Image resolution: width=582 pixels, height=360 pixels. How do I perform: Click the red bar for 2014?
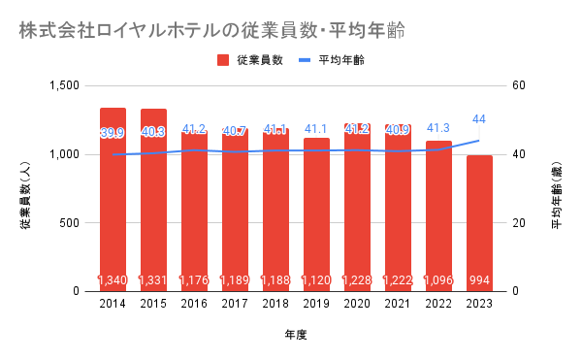pyautogui.click(x=113, y=200)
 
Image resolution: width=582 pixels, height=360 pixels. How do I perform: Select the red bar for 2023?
pyautogui.click(x=479, y=223)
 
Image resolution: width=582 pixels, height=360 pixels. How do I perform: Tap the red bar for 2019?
pyautogui.click(x=316, y=214)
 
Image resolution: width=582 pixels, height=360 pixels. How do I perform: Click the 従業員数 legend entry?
pyautogui.click(x=250, y=60)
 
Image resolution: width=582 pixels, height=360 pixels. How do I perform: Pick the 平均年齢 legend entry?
pyautogui.click(x=332, y=60)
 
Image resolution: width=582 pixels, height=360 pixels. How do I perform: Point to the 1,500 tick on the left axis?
pyautogui.click(x=65, y=85)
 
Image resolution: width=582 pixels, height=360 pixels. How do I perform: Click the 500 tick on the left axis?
pyautogui.click(x=70, y=223)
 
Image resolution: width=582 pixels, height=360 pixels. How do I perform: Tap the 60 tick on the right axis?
pyautogui.click(x=519, y=85)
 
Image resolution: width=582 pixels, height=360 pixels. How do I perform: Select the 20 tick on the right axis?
pyautogui.click(x=519, y=223)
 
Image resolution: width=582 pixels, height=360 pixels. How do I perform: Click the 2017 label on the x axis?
pyautogui.click(x=235, y=304)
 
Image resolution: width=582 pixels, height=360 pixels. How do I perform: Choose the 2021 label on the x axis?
pyautogui.click(x=398, y=304)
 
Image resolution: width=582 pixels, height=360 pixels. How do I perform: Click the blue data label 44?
pyautogui.click(x=479, y=119)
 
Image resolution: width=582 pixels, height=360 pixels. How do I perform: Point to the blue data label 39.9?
pyautogui.click(x=113, y=133)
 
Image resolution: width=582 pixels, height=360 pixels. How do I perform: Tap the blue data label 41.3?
pyautogui.click(x=438, y=128)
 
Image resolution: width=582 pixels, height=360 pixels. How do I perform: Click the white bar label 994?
pyautogui.click(x=479, y=279)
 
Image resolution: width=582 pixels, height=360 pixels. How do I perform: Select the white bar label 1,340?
pyautogui.click(x=113, y=279)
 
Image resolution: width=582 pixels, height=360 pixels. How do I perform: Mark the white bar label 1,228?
pyautogui.click(x=357, y=279)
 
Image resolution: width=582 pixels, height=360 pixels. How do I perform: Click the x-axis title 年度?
pyautogui.click(x=296, y=335)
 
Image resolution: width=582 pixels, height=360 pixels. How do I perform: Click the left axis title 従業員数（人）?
pyautogui.click(x=25, y=195)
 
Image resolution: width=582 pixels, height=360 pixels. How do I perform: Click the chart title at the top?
pyautogui.click(x=211, y=30)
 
